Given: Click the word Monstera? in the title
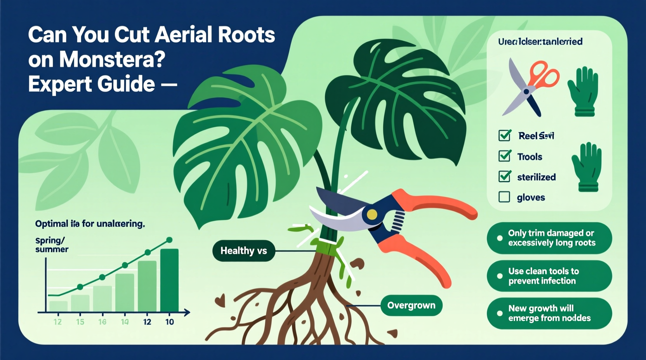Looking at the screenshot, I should pyautogui.click(x=112, y=59).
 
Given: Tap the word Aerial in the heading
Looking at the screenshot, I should pyautogui.click(x=183, y=35).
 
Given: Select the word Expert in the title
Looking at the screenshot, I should pyautogui.click(x=58, y=84).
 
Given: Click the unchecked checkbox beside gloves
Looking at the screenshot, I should pyautogui.click(x=504, y=197).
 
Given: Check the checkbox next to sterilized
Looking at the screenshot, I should pyautogui.click(x=505, y=177).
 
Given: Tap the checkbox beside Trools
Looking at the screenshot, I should pyautogui.click(x=505, y=156).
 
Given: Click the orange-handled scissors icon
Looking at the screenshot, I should pyautogui.click(x=531, y=88).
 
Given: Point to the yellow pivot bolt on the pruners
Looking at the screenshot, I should pyautogui.click(x=372, y=214).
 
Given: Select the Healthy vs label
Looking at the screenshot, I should pyautogui.click(x=243, y=251).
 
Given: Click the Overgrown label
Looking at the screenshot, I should pyautogui.click(x=411, y=305).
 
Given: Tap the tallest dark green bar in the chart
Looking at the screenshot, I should pyautogui.click(x=169, y=280).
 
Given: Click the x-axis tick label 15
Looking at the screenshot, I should pyautogui.click(x=80, y=322).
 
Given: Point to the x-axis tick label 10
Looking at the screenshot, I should pyautogui.click(x=170, y=322).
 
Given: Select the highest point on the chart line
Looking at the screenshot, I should pyautogui.click(x=169, y=240).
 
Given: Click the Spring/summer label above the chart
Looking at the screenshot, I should pyautogui.click(x=52, y=245).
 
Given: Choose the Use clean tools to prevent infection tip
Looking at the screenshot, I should pyautogui.click(x=549, y=276).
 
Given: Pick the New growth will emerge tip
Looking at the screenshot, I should pyautogui.click(x=549, y=313).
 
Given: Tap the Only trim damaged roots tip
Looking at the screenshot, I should pyautogui.click(x=549, y=238).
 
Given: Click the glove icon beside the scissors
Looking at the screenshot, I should pyautogui.click(x=583, y=91).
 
